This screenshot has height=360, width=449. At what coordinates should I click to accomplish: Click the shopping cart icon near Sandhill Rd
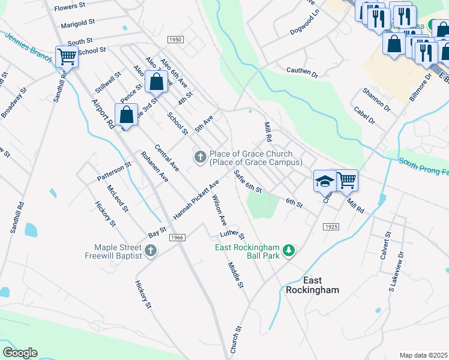tap(67, 57)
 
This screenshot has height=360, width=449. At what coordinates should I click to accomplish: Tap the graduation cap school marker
tap(325, 180)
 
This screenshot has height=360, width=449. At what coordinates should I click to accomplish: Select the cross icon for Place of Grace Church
tap(200, 157)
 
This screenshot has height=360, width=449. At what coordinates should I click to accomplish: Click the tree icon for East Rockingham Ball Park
tap(289, 250)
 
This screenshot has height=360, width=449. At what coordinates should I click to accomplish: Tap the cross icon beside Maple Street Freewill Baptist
tap(151, 250)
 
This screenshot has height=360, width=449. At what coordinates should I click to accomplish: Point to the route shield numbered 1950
tap(175, 40)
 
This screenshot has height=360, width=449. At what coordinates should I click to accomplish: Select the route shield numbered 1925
tap(330, 227)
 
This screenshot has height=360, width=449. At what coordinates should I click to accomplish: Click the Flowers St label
tap(71, 8)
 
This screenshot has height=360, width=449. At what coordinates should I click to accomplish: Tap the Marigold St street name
tap(78, 23)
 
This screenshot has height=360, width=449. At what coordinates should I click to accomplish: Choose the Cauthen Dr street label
tap(302, 72)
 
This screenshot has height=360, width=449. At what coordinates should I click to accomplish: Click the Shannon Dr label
tap(376, 100)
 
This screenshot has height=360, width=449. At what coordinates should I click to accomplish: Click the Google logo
tap(20, 352)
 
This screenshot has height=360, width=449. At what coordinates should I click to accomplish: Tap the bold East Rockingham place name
tap(312, 285)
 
